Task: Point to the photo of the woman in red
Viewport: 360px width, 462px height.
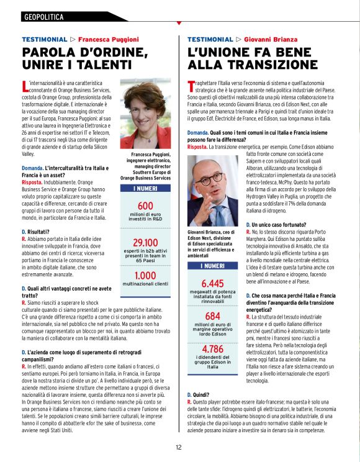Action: [145, 114]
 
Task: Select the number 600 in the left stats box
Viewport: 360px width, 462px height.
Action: [145, 206]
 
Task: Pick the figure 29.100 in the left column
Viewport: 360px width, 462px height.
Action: [145, 243]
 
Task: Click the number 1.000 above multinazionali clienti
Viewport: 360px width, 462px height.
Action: [145, 275]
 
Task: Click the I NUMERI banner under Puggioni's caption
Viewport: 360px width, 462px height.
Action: [145, 188]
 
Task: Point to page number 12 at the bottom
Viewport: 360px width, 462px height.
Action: [179, 446]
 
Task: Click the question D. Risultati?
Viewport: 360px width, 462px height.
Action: [36, 232]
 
